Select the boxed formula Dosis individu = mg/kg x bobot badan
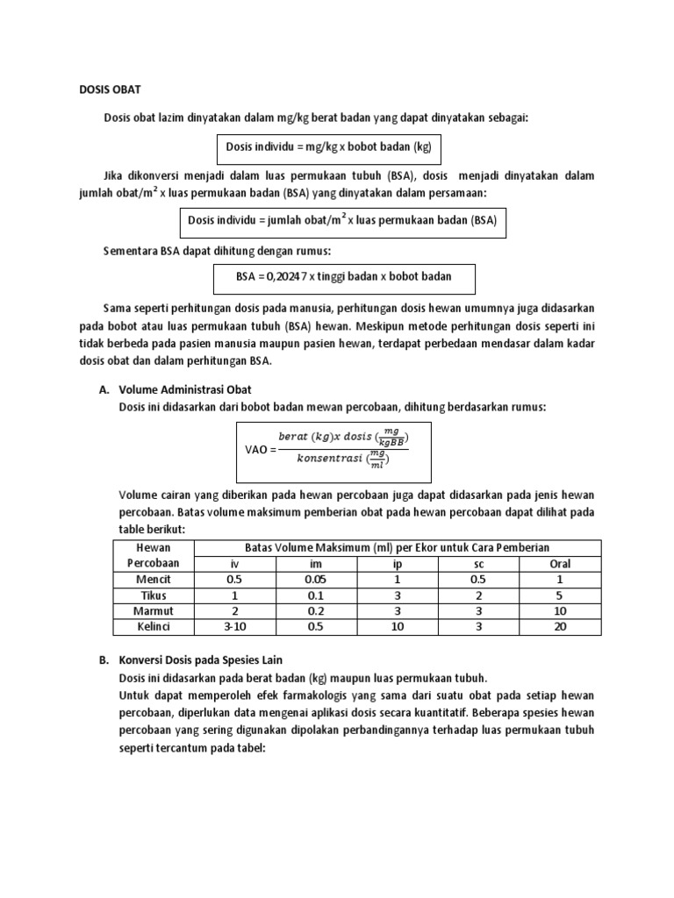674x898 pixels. (329, 146)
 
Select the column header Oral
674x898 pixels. (560, 564)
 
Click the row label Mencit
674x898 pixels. (154, 580)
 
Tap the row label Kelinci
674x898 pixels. (154, 627)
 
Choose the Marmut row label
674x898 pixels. (154, 611)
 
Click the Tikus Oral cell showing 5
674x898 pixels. (560, 595)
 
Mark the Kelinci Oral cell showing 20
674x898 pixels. (560, 627)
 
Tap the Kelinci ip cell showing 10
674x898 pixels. (397, 627)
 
